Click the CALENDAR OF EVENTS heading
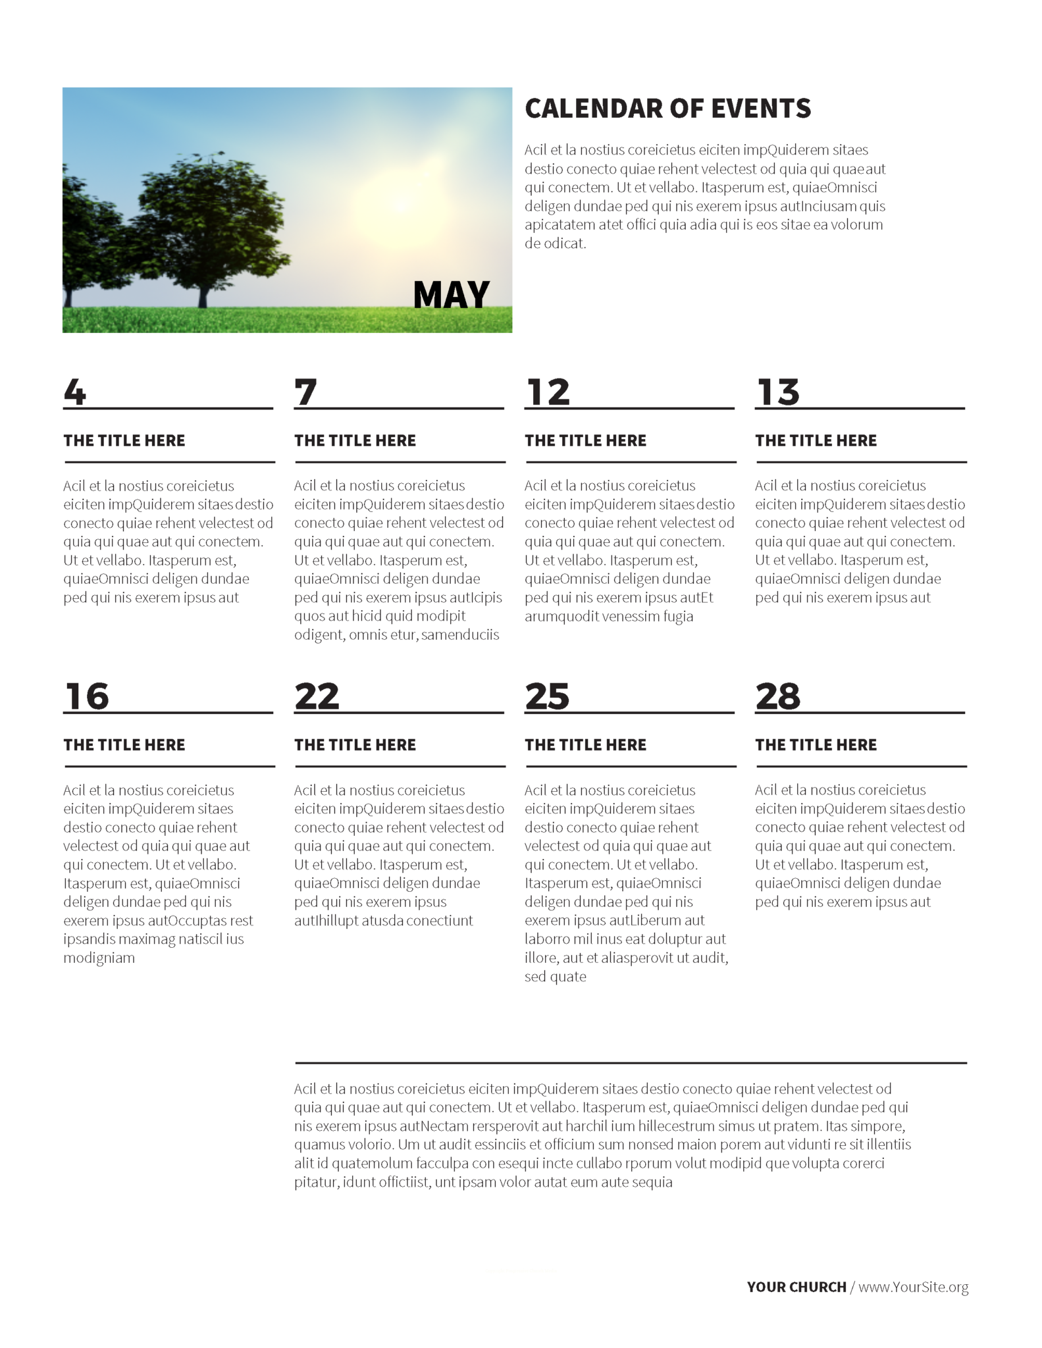[667, 109]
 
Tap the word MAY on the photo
[451, 295]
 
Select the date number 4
[75, 392]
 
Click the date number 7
[305, 392]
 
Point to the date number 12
[548, 392]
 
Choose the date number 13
[778, 392]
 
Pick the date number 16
[87, 696]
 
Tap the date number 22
[317, 696]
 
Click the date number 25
[547, 696]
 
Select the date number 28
[778, 696]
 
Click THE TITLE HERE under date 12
[585, 440]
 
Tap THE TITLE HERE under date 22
[355, 744]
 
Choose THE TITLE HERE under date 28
[816, 744]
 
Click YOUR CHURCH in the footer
[796, 1287]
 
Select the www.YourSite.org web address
[913, 1287]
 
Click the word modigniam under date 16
[99, 958]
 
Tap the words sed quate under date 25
[555, 976]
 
